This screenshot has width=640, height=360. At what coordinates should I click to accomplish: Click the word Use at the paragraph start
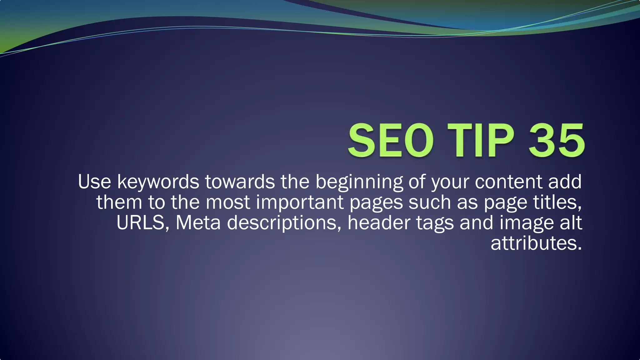tap(94, 182)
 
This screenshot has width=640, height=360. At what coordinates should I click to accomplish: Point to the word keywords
tap(158, 182)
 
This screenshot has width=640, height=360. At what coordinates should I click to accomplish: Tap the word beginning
tap(359, 182)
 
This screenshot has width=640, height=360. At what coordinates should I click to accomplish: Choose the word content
tap(508, 182)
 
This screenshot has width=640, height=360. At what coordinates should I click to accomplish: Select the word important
tap(300, 202)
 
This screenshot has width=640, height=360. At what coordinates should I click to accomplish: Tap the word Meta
tap(198, 223)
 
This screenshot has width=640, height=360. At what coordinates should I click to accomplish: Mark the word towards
tap(240, 182)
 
